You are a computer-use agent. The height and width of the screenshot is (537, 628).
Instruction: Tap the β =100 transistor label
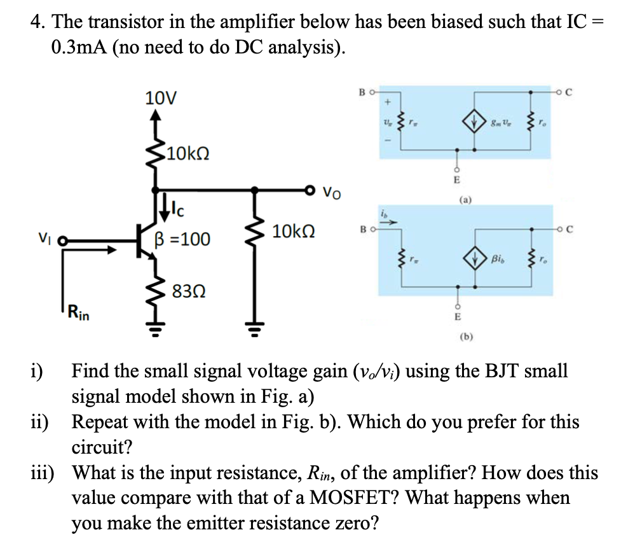182,240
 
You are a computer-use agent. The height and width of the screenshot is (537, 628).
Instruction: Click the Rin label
79,313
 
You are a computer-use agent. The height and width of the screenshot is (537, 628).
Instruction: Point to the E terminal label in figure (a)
456,180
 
